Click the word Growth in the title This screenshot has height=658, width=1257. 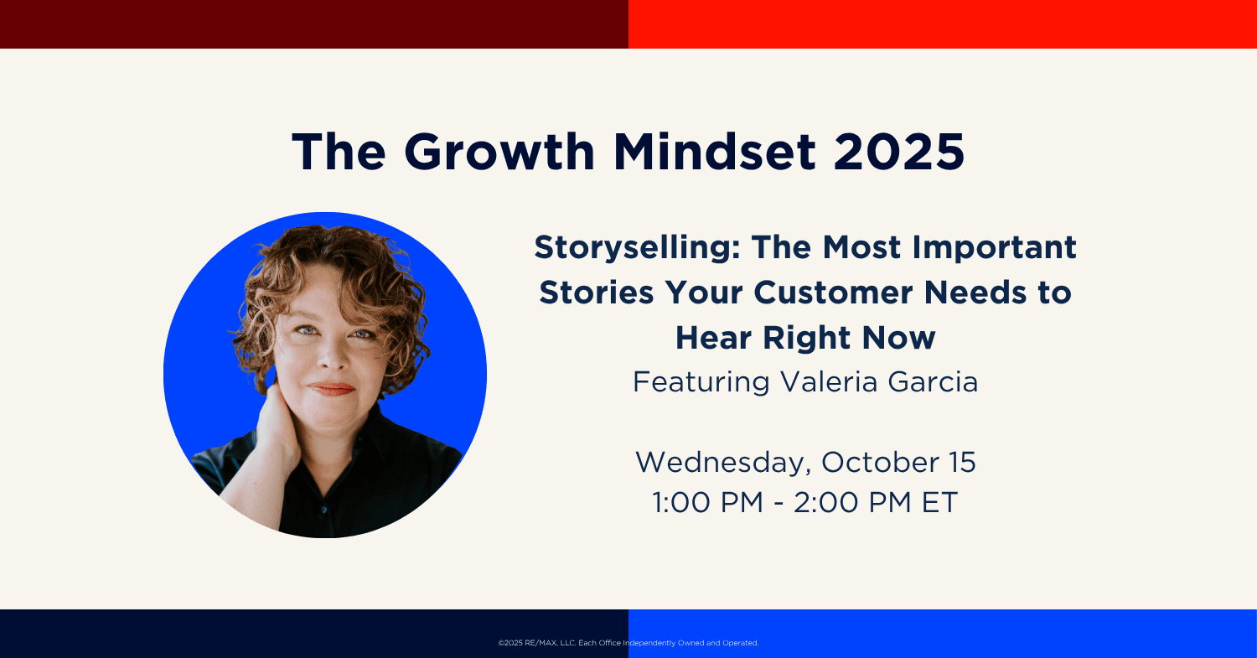coord(499,152)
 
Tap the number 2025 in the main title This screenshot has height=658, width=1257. coord(899,152)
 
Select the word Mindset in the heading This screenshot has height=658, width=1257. coord(714,152)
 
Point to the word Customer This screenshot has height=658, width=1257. coord(833,293)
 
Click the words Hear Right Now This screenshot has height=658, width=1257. coord(805,338)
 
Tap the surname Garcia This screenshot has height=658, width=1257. coord(934,381)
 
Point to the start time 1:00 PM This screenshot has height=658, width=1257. coord(707,502)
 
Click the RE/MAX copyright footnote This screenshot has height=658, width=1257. coord(628,643)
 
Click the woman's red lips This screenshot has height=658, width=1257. coord(332,388)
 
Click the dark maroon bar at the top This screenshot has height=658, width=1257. coord(314,24)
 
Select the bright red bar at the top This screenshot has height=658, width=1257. coord(943,24)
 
